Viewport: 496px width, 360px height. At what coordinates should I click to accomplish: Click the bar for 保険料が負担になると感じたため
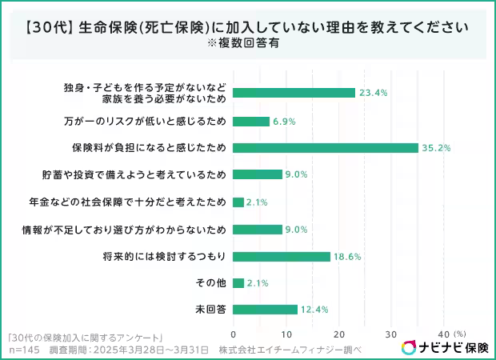[x=326, y=147]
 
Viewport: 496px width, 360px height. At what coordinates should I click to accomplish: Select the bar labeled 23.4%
[x=294, y=93]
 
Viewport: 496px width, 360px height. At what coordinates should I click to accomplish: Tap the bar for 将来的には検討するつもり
[x=282, y=256]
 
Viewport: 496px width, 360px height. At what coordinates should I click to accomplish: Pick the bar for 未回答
[x=266, y=310]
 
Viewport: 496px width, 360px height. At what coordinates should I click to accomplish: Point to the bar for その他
[x=238, y=282]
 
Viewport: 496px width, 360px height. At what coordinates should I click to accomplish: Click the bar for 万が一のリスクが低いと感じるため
[x=251, y=121]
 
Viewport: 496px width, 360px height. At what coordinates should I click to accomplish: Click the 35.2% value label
[x=436, y=147]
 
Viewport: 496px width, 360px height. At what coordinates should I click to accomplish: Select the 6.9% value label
[x=286, y=121]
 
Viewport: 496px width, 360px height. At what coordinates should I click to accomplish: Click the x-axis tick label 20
[x=338, y=334]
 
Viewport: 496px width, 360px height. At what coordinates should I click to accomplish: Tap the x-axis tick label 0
[x=233, y=334]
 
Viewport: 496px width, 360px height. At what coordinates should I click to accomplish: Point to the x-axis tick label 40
[x=444, y=334]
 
